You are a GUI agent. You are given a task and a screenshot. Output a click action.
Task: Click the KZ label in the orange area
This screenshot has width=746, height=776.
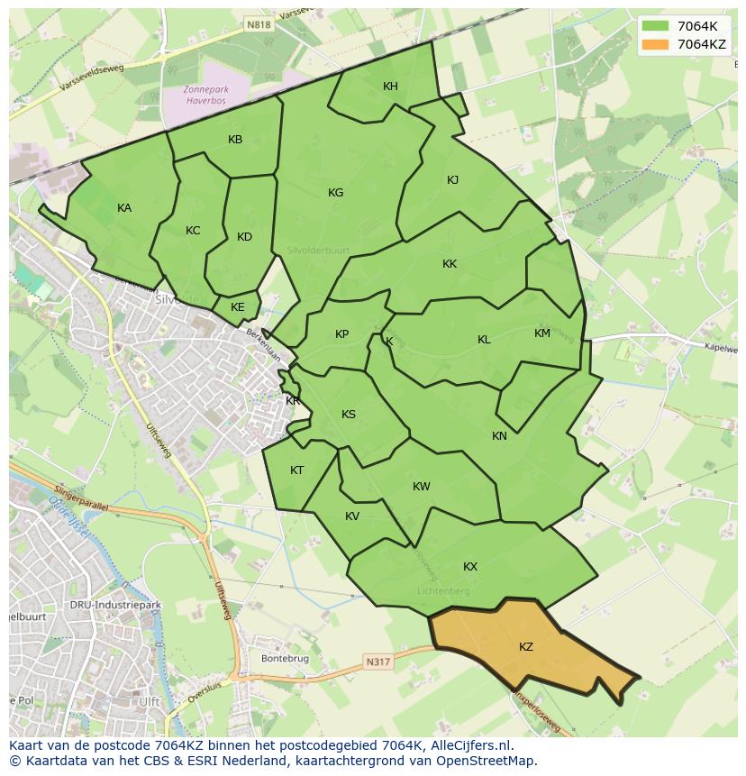526,647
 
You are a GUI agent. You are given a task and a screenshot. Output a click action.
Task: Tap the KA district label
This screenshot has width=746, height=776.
124,208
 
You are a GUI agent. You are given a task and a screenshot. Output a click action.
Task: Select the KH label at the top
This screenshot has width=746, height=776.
390,87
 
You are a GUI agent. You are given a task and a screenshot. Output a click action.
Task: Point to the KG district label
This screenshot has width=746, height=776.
336,193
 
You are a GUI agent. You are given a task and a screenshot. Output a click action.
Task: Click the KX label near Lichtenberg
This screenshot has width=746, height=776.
470,567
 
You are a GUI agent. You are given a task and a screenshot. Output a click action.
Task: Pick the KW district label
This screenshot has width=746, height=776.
421,487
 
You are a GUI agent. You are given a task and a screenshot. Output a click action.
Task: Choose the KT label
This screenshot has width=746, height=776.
297,470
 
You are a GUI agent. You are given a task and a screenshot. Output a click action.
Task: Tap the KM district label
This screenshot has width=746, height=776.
541,333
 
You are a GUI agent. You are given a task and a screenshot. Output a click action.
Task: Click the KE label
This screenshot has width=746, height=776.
238,307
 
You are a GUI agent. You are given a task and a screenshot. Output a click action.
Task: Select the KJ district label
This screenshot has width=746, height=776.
452,180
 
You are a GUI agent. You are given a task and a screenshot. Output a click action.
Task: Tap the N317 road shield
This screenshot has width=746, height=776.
378,662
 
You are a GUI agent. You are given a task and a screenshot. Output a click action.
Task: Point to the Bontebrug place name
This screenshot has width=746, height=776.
284,659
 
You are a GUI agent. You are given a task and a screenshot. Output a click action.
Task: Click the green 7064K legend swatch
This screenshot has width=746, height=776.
655,26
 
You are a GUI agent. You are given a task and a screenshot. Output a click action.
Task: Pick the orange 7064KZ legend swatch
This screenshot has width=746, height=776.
655,44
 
